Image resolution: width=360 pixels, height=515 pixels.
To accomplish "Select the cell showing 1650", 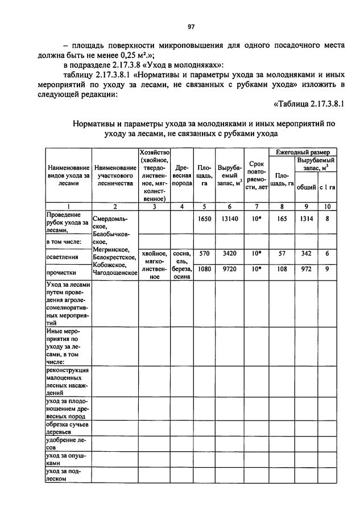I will pyautogui.click(x=204, y=217).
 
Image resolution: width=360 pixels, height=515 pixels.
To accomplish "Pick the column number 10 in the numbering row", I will pyautogui.click(x=328, y=207).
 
